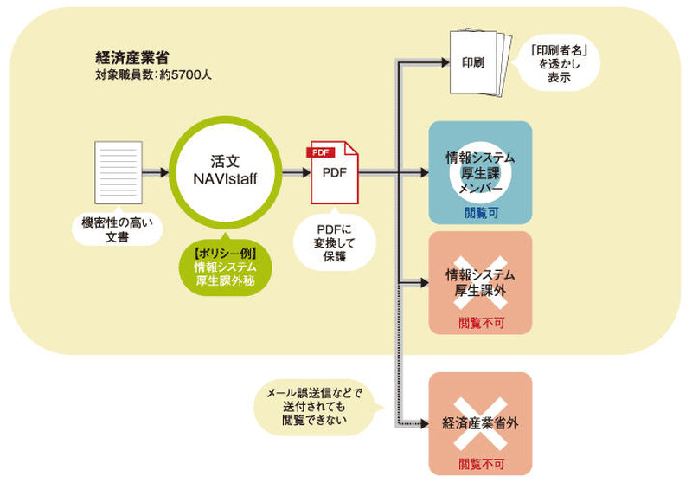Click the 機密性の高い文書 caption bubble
[117, 229]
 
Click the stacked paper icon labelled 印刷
[475, 63]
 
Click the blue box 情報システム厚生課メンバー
[480, 172]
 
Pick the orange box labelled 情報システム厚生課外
[480, 282]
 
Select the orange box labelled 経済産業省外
[480, 423]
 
